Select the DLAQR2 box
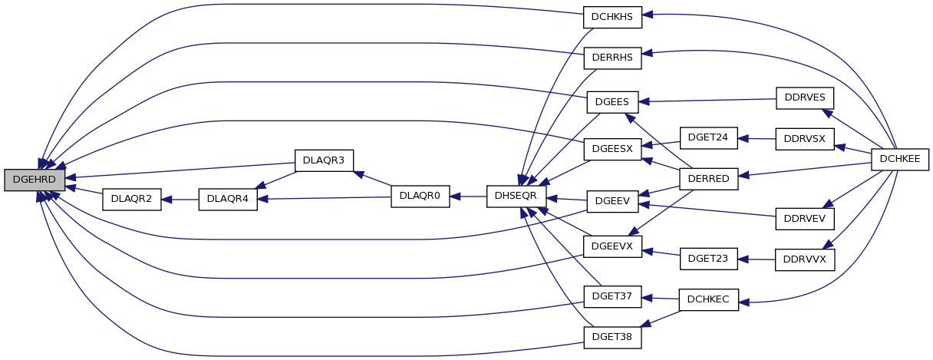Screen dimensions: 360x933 [131, 199]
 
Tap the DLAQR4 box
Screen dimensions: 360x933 [227, 199]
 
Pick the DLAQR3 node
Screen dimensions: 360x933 [324, 160]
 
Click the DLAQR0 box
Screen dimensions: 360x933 [420, 196]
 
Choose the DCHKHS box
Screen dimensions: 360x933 [612, 18]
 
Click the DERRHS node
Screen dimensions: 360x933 [612, 58]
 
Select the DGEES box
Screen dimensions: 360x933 [612, 101]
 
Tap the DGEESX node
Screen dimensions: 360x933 [612, 148]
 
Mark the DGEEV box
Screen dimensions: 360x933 [612, 201]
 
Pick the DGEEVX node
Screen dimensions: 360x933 [612, 246]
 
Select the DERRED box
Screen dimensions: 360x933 [708, 178]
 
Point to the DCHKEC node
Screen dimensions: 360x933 [708, 300]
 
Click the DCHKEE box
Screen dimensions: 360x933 [900, 159]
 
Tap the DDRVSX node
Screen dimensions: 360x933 [805, 140]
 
